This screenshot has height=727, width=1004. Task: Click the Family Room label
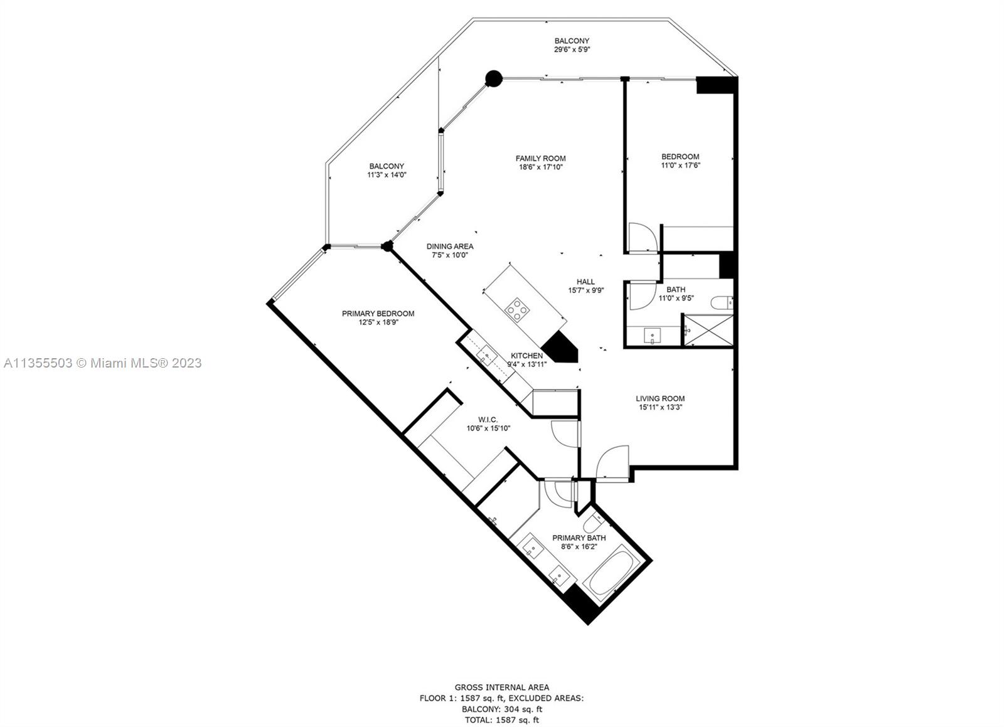[540, 158]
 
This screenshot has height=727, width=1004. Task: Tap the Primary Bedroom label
[378, 314]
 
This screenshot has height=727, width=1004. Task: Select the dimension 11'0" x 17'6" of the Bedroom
[680, 166]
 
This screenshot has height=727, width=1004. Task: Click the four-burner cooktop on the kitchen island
[517, 309]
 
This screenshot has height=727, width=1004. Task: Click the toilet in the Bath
[722, 303]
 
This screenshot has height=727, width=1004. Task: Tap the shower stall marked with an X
[708, 331]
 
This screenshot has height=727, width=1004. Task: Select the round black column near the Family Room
[493, 78]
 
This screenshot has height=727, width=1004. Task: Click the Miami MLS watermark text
[103, 363]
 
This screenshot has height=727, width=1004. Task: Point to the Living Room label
[660, 398]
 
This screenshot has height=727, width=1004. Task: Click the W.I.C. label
[488, 420]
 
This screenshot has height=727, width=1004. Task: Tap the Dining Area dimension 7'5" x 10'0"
[449, 255]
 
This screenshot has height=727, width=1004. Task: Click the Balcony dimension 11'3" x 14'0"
[387, 175]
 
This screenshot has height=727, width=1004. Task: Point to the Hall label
[585, 282]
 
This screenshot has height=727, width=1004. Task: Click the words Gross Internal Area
[501, 687]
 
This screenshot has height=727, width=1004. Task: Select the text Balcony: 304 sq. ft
[502, 709]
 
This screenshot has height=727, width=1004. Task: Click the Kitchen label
[526, 356]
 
